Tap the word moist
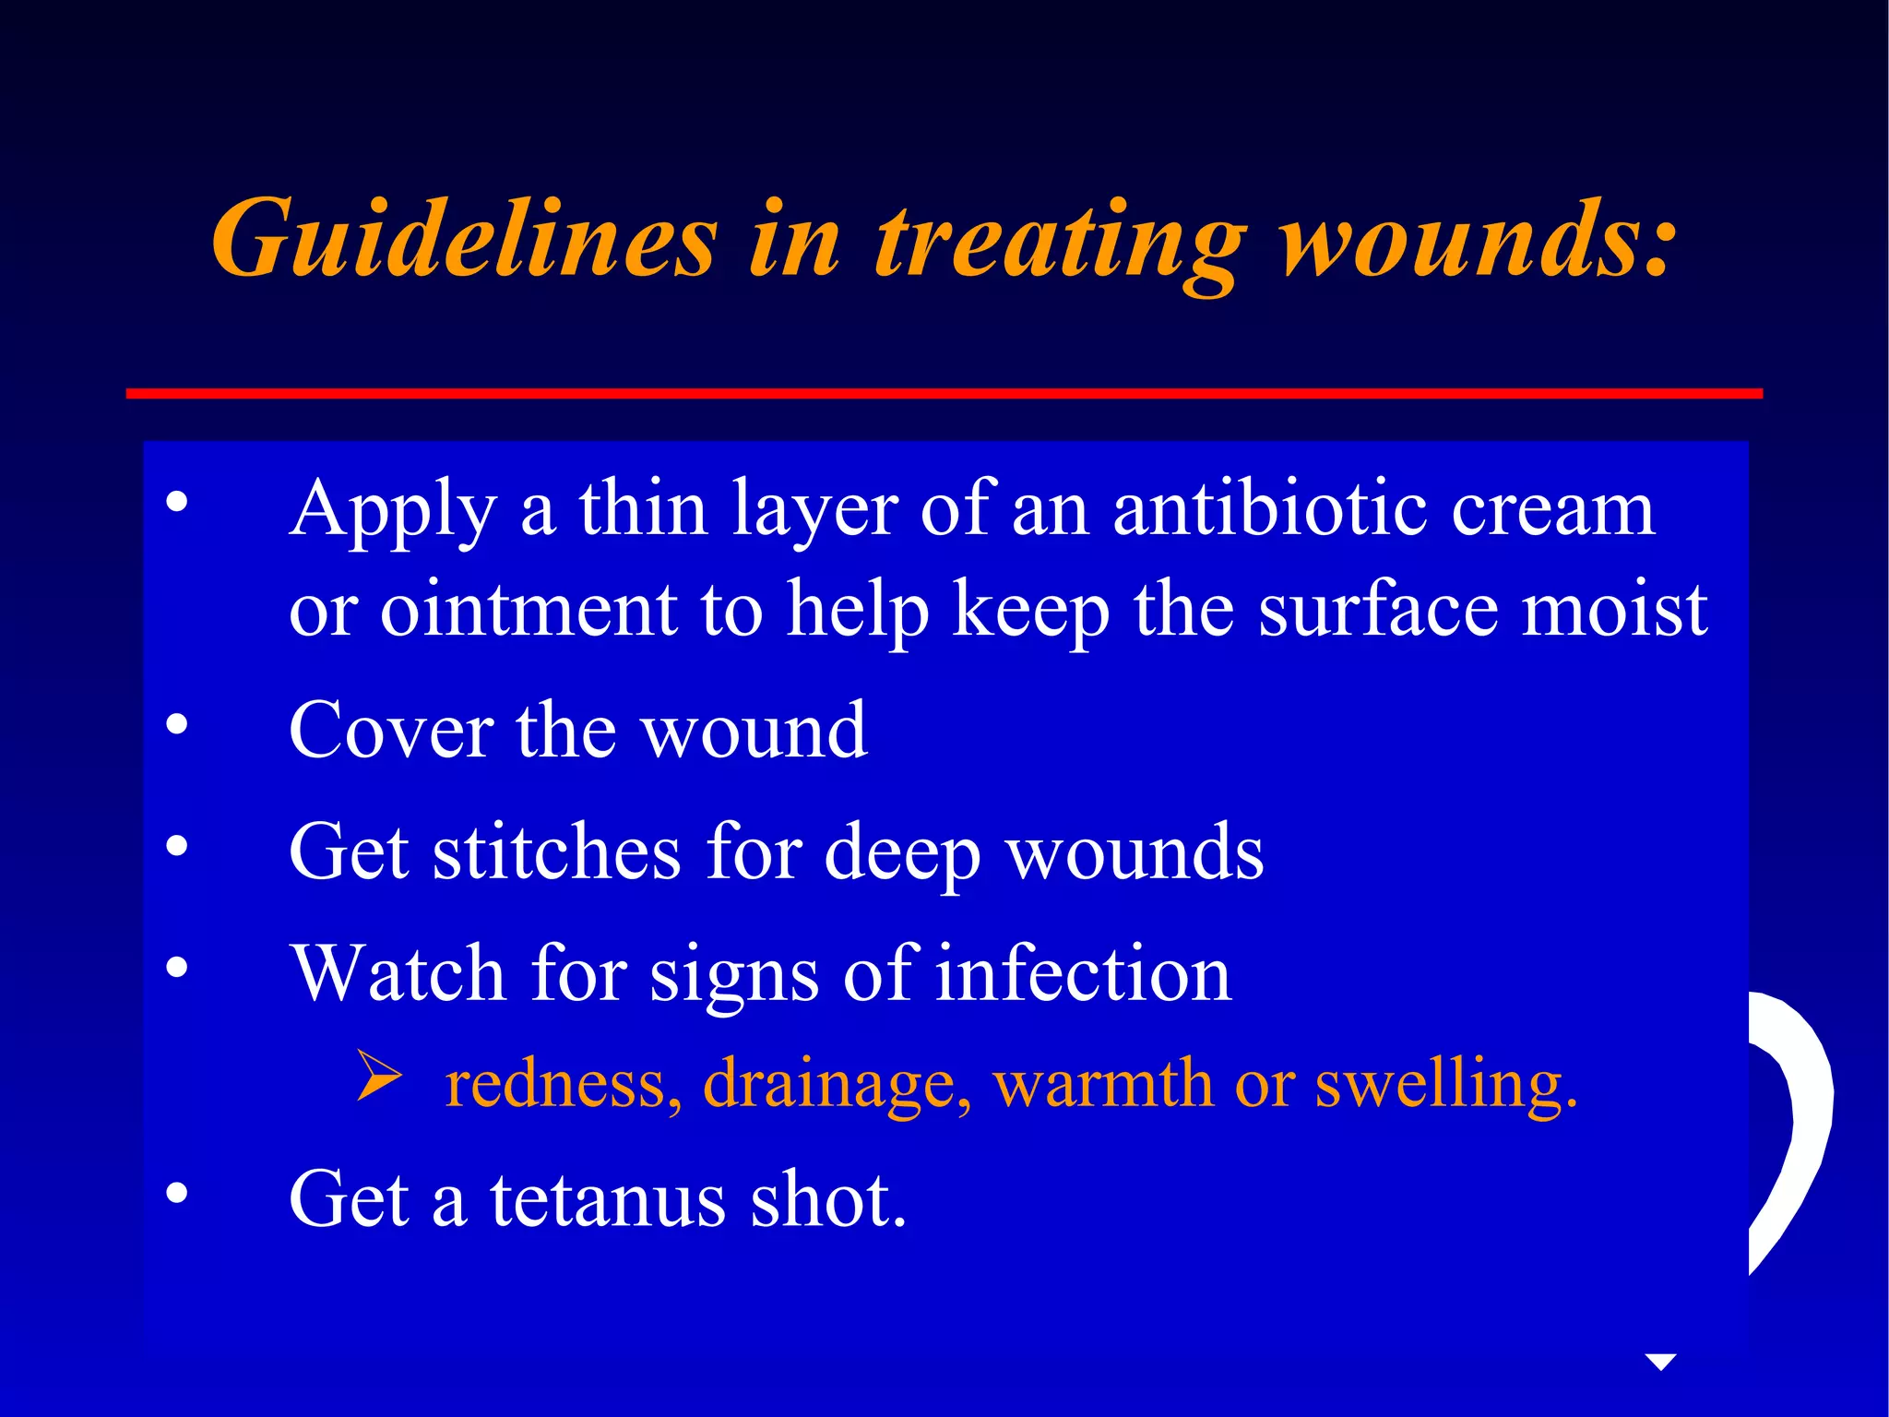[x=1614, y=610]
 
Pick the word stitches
[x=557, y=852]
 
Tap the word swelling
[x=1444, y=1085]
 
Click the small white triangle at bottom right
[x=1660, y=1362]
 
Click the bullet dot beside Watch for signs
[x=177, y=967]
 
